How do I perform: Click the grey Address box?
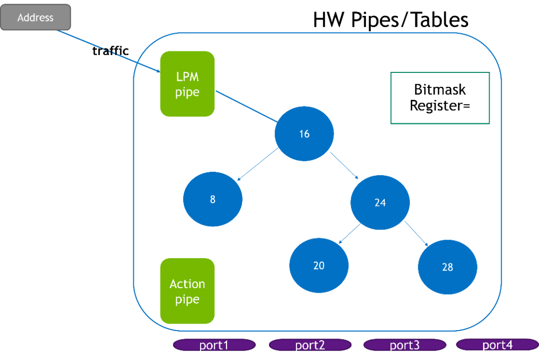tap(35, 17)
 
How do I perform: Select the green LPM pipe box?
tap(187, 84)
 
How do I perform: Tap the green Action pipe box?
tap(187, 291)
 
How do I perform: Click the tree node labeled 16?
tap(304, 134)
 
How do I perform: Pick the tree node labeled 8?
tap(213, 199)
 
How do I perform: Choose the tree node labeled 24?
tap(380, 202)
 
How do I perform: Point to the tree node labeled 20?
tap(319, 265)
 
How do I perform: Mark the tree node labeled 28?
tap(448, 267)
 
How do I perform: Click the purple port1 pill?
tap(214, 345)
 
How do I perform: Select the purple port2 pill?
tap(310, 345)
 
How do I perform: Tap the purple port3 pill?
tap(405, 345)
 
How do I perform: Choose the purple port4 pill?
tap(497, 345)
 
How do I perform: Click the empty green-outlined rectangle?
tap(440, 98)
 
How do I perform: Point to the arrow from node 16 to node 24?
tap(345, 165)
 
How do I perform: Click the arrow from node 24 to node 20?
tap(350, 234)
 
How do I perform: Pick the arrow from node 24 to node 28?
tap(417, 233)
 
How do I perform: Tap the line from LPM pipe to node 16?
tap(246, 106)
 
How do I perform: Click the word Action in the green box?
tap(187, 284)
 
